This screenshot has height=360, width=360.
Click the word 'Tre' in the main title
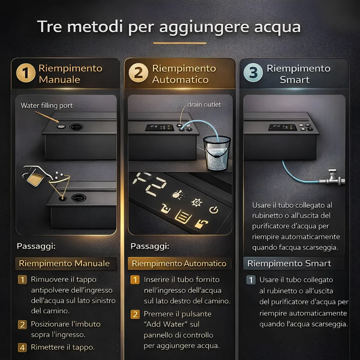point(49,26)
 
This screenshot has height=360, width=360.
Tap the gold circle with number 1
point(25,73)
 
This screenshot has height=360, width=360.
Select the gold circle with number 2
point(138,73)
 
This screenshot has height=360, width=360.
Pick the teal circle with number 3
point(253,73)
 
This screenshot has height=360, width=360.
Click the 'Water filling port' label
point(46,106)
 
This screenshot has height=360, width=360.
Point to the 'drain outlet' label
point(204,104)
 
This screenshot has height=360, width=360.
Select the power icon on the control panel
point(214,210)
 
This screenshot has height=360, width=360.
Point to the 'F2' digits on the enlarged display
point(149,184)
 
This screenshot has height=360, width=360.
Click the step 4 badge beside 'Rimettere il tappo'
point(22,348)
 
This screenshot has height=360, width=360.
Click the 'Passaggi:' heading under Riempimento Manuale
point(36,246)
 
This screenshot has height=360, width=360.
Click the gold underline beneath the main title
point(180,43)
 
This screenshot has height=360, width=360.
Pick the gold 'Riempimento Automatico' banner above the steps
point(179,264)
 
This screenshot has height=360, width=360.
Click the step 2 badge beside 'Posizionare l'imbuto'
point(22,325)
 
